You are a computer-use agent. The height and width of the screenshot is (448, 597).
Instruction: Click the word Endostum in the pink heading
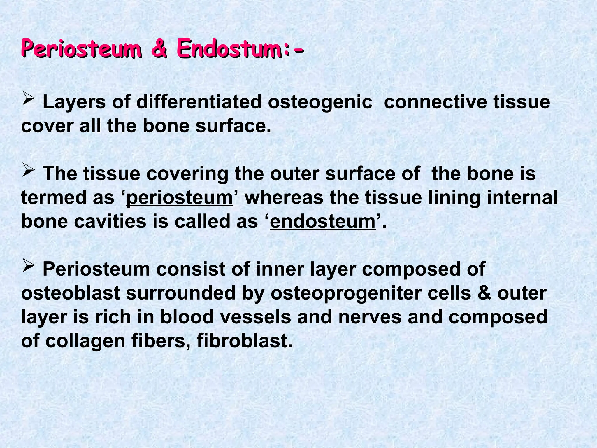coord(230,48)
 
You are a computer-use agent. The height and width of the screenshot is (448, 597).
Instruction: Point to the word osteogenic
coord(320,103)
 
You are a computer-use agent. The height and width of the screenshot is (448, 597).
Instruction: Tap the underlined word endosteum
coord(323,222)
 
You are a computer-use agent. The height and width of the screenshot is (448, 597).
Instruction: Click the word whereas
coord(284,198)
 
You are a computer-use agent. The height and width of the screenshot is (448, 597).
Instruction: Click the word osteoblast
coord(71,293)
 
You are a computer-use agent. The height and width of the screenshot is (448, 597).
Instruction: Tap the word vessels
coord(256,317)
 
